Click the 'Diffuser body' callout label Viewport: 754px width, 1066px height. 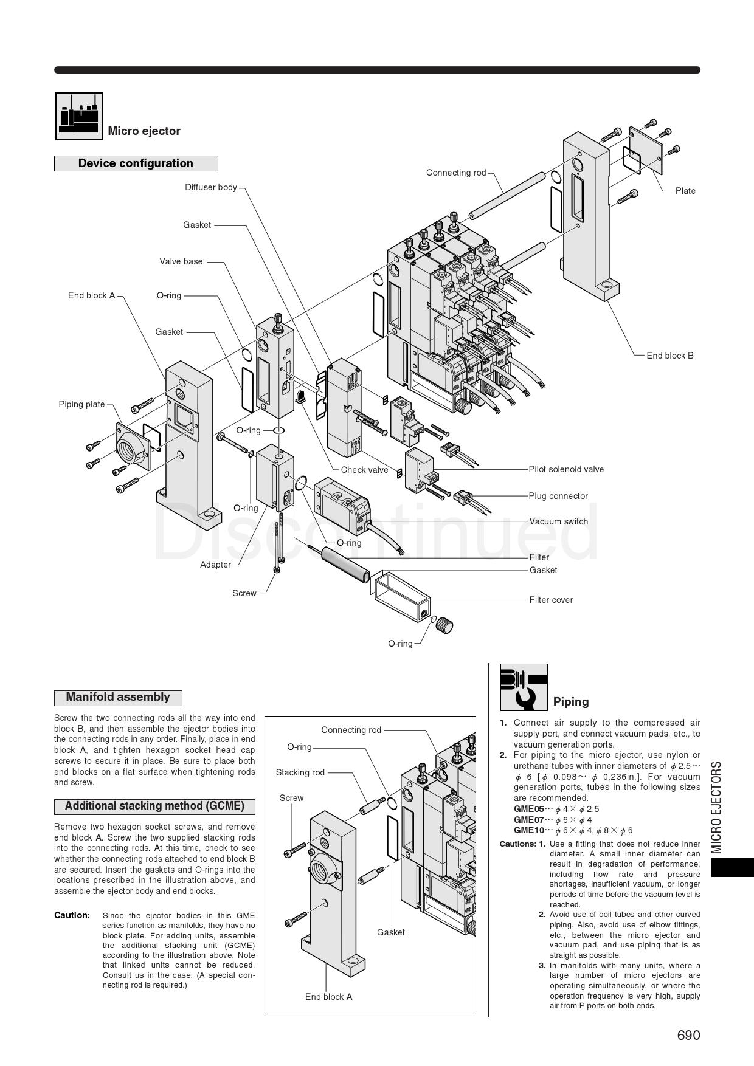(211, 187)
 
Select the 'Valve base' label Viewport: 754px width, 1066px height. (181, 261)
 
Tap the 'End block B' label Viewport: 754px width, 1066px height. (669, 356)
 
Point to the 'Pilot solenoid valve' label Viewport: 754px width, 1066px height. (566, 469)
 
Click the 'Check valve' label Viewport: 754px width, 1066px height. (364, 470)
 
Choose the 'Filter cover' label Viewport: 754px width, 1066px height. (551, 600)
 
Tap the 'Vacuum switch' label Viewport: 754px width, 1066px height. (558, 521)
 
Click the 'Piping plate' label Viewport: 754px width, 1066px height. (81, 404)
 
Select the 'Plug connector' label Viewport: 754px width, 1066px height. (558, 496)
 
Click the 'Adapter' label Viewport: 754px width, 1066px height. (215, 565)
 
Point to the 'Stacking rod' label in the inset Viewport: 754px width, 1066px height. (300, 772)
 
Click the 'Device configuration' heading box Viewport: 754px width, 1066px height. (136, 163)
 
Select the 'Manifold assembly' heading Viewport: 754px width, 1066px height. (118, 698)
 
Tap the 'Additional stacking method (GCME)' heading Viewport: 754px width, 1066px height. (154, 806)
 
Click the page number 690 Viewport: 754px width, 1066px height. (688, 1035)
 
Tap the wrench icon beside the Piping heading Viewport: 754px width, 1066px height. (524, 687)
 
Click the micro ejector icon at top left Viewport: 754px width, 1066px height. (79, 116)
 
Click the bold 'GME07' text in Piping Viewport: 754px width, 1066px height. (528, 820)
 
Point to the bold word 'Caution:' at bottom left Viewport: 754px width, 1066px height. (72, 915)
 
